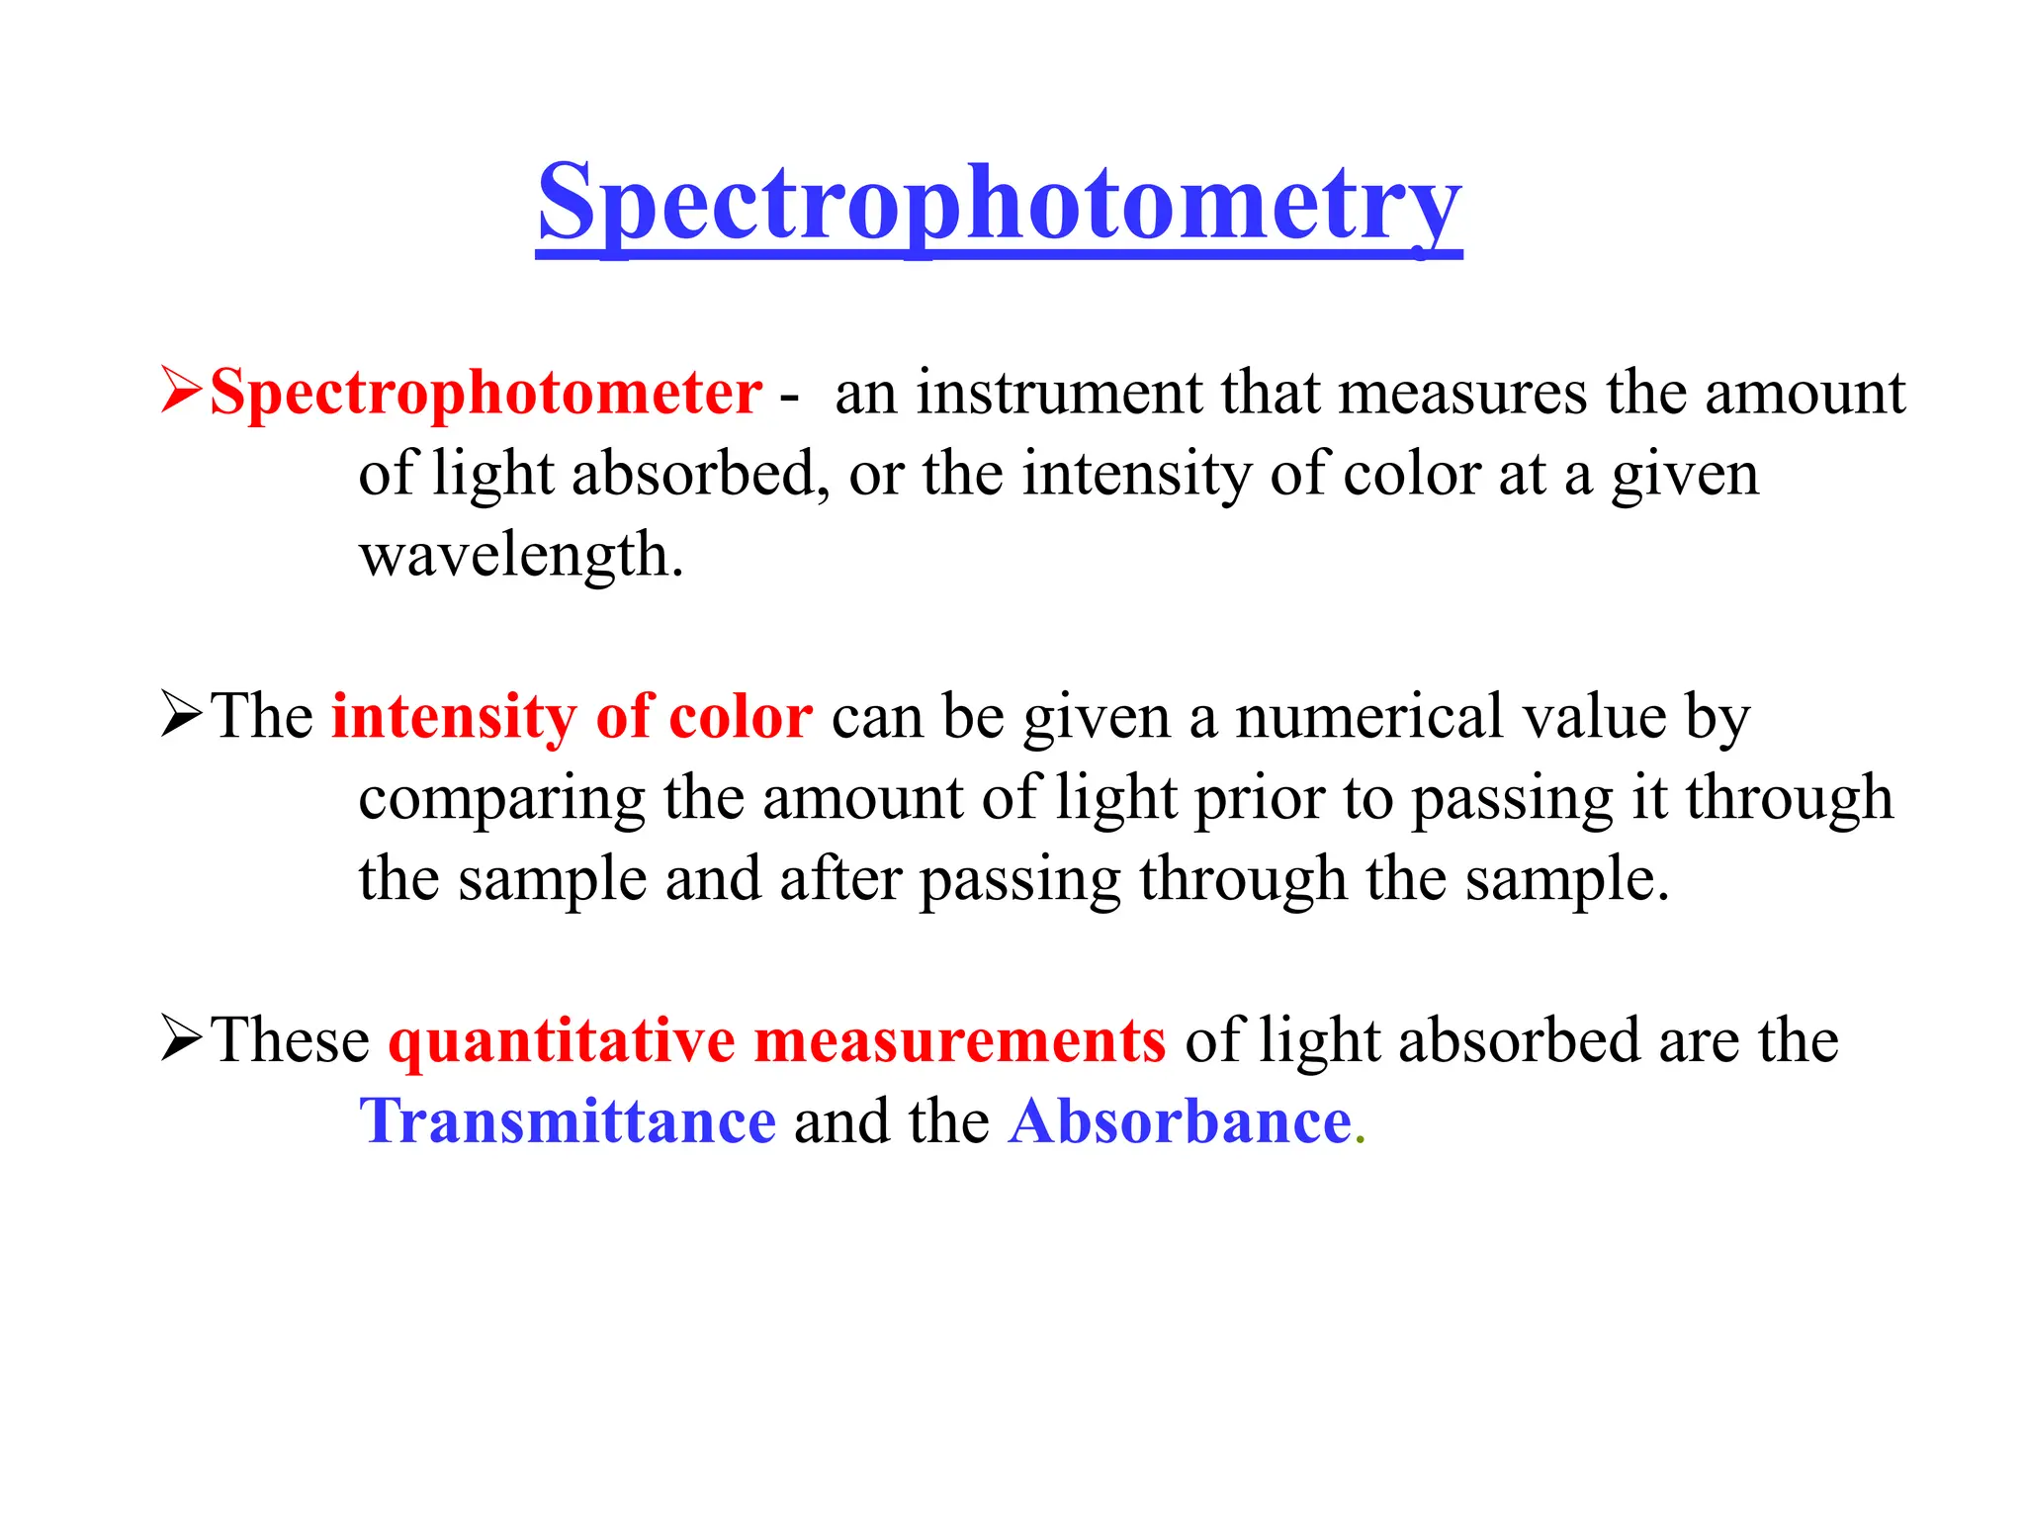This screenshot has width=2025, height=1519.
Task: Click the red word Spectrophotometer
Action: point(485,394)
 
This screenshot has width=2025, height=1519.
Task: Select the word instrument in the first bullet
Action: point(1057,394)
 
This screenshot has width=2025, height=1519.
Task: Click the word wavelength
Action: point(520,556)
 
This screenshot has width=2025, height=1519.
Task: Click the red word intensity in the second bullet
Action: point(452,716)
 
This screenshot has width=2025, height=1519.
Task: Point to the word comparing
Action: point(501,799)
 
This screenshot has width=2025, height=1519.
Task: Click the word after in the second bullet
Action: point(839,879)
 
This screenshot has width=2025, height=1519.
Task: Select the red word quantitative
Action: point(562,1042)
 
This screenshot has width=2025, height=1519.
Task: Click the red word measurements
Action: point(960,1041)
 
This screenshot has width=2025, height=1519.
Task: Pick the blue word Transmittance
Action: point(568,1122)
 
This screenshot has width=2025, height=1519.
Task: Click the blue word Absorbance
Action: point(1180,1122)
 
